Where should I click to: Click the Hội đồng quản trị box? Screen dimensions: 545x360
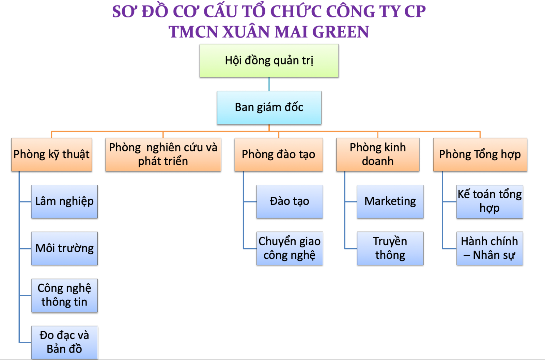click(269, 61)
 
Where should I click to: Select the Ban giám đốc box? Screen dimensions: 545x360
click(269, 108)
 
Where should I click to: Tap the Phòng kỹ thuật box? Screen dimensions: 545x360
click(51, 155)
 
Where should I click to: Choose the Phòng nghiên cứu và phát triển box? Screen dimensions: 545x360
click(163, 155)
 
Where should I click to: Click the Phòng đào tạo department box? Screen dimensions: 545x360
click(279, 155)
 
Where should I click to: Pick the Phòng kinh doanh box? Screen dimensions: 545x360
click(378, 155)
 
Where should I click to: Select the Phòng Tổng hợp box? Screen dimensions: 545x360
click(480, 155)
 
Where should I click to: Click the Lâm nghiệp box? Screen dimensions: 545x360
click(64, 201)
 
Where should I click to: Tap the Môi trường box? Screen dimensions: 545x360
click(64, 249)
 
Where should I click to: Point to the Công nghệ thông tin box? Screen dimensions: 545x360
click(64, 296)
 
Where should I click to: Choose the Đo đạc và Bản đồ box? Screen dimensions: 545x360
click(64, 343)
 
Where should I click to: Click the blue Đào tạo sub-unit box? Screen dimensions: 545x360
click(290, 201)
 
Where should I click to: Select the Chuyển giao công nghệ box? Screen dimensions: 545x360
click(290, 249)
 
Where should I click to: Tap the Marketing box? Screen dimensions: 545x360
click(390, 201)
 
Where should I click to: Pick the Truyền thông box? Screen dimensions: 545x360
click(390, 249)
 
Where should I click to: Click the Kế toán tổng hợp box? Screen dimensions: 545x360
click(490, 201)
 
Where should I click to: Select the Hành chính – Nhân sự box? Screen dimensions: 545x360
click(490, 249)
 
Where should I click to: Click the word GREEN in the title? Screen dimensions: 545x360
click(341, 32)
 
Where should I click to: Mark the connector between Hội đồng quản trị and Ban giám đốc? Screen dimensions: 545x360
click(269, 84)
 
